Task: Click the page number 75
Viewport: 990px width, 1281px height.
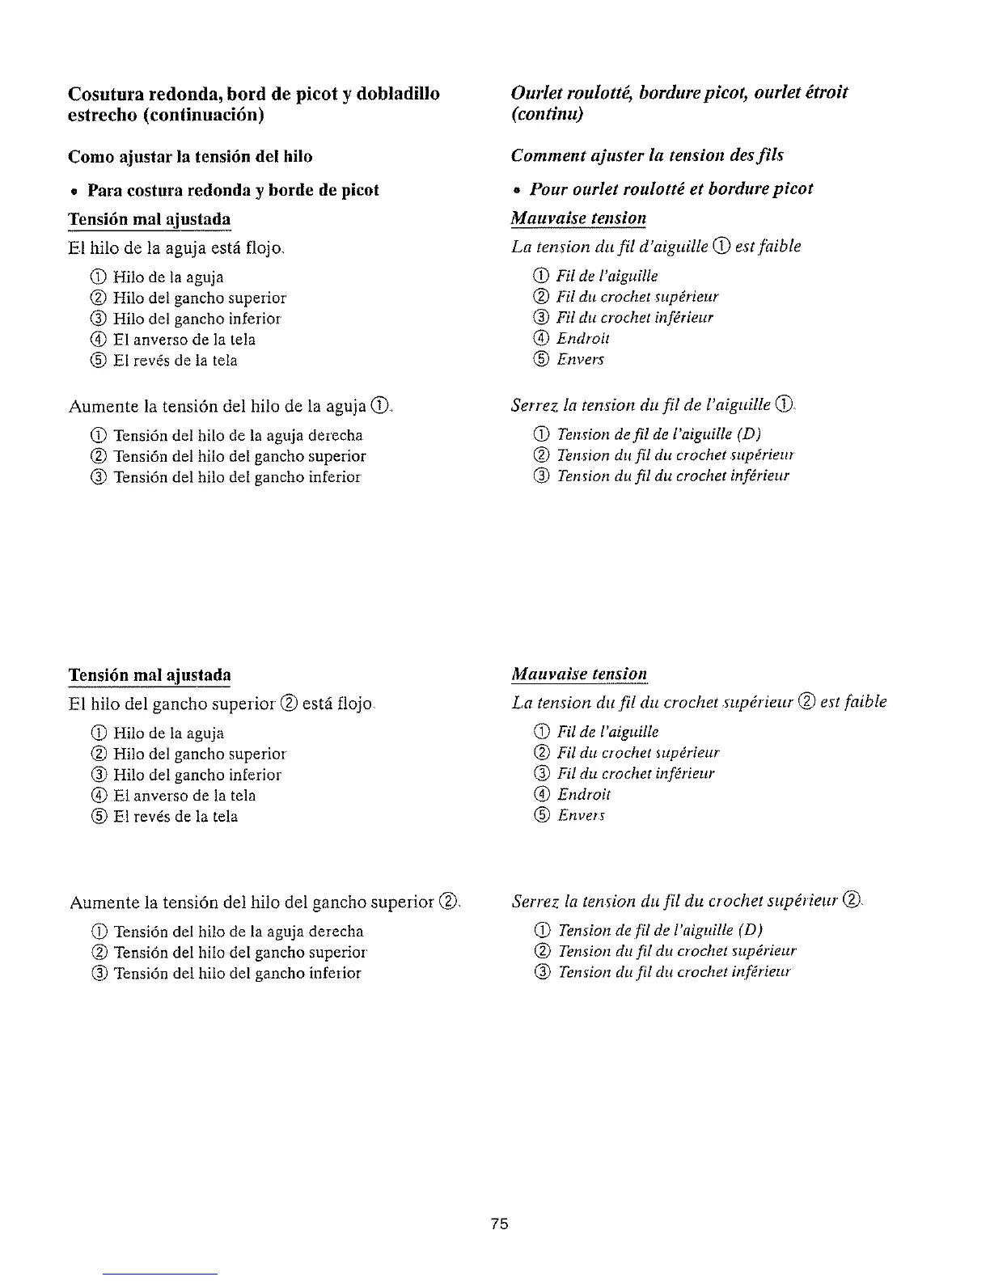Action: (x=499, y=1224)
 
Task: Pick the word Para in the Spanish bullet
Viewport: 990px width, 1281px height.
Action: (x=106, y=190)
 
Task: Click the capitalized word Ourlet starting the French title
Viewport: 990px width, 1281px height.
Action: (x=535, y=93)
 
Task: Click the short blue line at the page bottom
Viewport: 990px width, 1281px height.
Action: (x=161, y=1274)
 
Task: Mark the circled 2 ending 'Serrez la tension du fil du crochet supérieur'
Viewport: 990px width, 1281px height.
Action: (x=852, y=900)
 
